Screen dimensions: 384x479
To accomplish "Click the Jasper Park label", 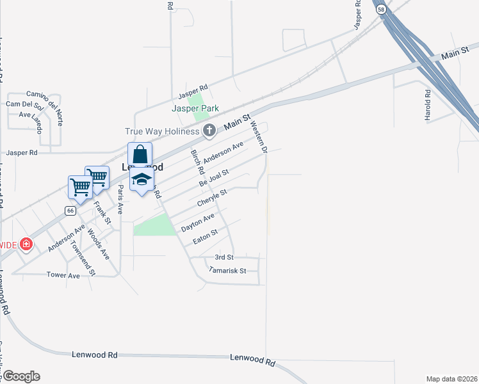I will pyautogui.click(x=195, y=109).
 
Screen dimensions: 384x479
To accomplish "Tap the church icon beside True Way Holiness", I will pyautogui.click(x=209, y=131).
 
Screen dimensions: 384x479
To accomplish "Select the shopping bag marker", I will pyautogui.click(x=140, y=155).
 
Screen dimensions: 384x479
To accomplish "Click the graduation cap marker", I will pyautogui.click(x=142, y=179).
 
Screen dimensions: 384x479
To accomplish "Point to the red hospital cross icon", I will pyautogui.click(x=26, y=244).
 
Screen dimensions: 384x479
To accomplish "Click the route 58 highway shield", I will pyautogui.click(x=381, y=9).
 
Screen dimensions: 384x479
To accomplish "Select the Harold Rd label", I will pyautogui.click(x=428, y=102).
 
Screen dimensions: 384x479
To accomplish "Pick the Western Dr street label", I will pyautogui.click(x=258, y=136).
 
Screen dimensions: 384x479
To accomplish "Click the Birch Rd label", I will pyautogui.click(x=197, y=163).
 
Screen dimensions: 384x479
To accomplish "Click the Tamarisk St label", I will pyautogui.click(x=227, y=271).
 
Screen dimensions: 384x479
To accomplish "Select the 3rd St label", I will pyautogui.click(x=225, y=256).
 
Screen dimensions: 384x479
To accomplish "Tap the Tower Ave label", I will pyautogui.click(x=63, y=275).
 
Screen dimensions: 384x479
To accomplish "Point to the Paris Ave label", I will pyautogui.click(x=120, y=199).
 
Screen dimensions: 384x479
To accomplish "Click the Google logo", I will pyautogui.click(x=20, y=376).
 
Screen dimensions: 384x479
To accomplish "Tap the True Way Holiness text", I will pyautogui.click(x=162, y=131).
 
